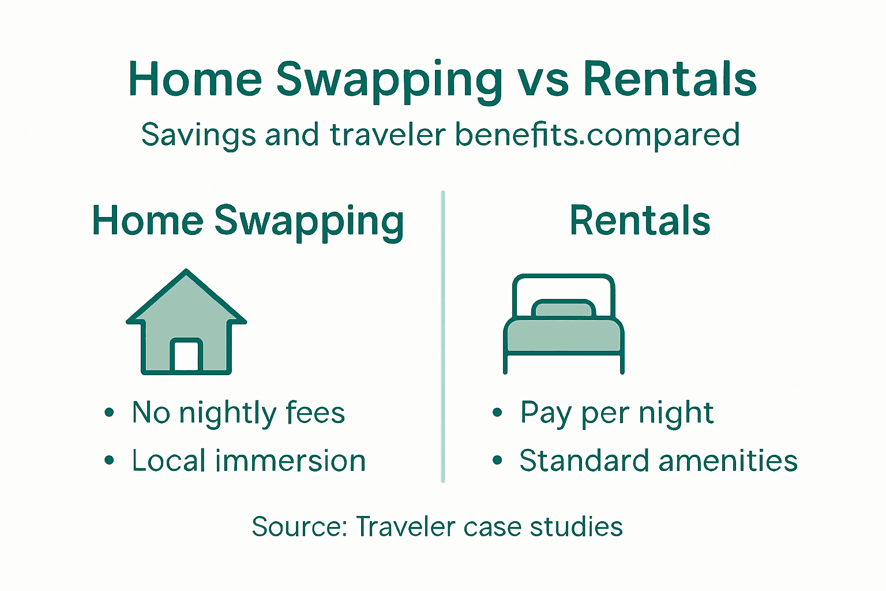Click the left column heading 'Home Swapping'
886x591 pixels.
tap(248, 221)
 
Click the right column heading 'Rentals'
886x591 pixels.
tap(640, 221)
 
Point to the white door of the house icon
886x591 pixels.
tap(186, 356)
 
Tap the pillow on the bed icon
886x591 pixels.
tap(564, 309)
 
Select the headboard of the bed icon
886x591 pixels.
tap(564, 283)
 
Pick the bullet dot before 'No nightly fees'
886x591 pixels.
tap(110, 413)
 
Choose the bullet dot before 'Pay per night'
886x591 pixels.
tap(498, 413)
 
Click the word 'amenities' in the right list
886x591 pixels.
tap(728, 461)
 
